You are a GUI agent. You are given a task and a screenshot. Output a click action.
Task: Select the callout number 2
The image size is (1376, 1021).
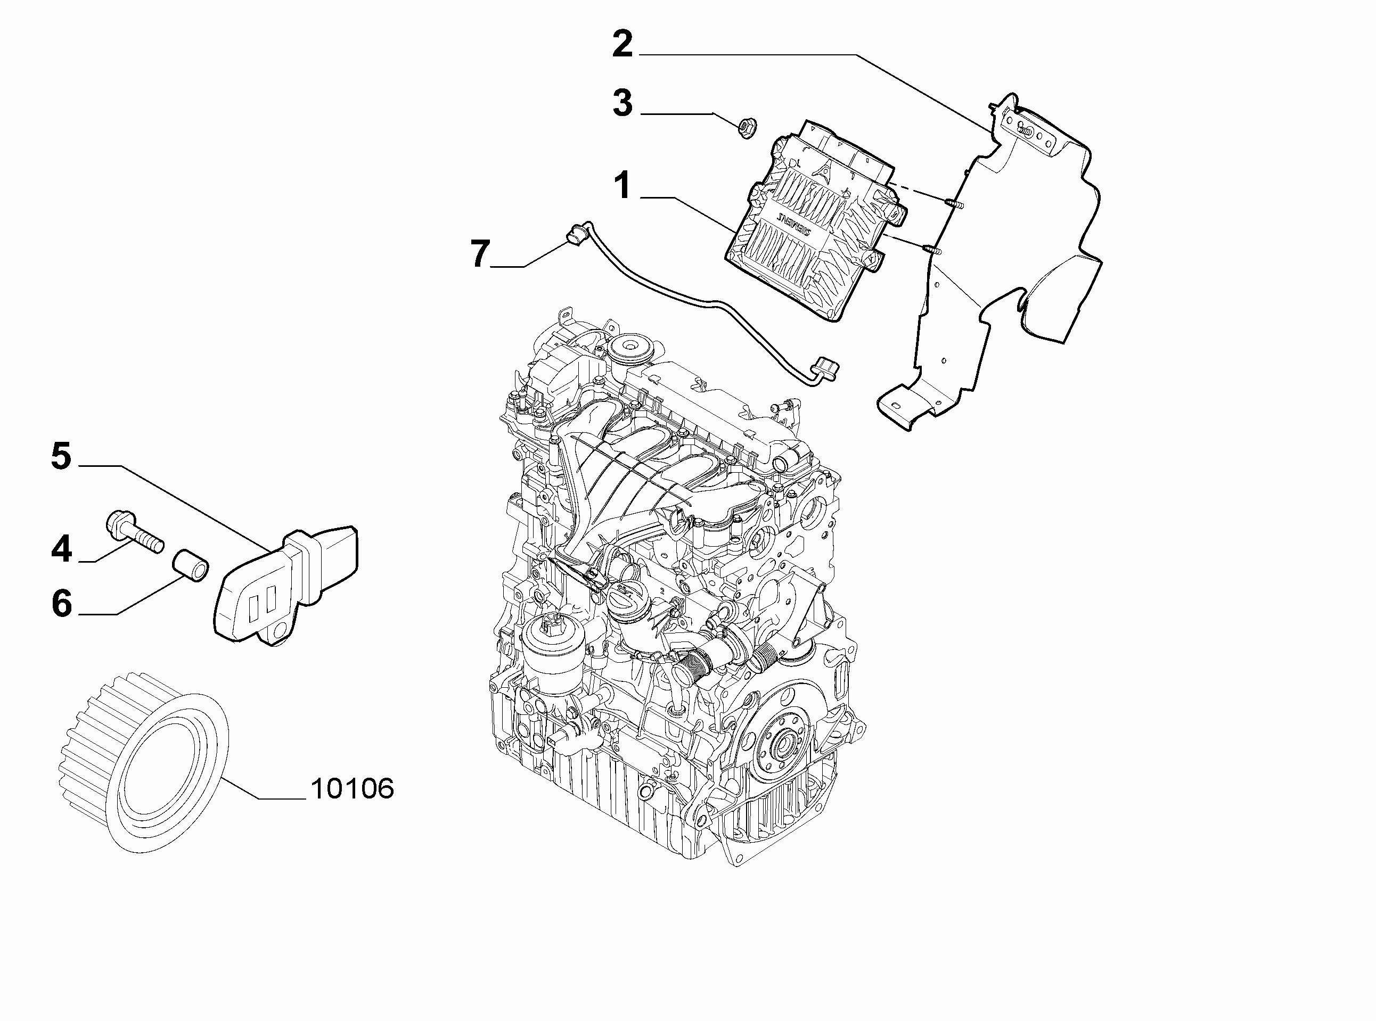coord(623,45)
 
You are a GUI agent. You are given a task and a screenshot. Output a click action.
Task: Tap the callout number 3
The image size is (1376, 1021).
coord(623,103)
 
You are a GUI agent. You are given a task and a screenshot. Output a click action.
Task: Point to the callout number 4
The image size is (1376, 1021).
coord(62,549)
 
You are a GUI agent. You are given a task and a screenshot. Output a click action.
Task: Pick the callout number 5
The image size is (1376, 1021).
coord(62,456)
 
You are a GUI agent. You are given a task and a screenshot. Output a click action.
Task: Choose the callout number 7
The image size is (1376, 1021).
coord(480,253)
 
